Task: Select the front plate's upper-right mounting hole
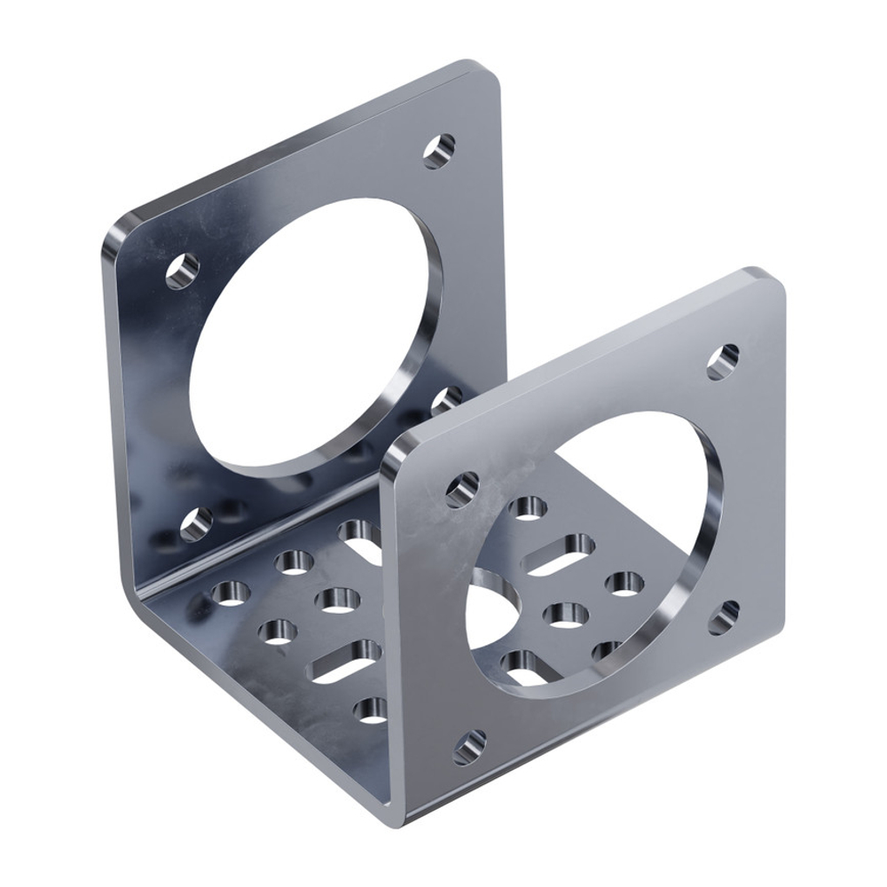pyautogui.click(x=723, y=361)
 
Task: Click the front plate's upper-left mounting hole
pyautogui.click(x=462, y=489)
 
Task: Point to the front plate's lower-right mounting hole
pyautogui.click(x=724, y=617)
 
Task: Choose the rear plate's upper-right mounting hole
pyautogui.click(x=438, y=151)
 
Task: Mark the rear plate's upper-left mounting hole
pyautogui.click(x=182, y=271)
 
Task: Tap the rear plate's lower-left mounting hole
pyautogui.click(x=196, y=523)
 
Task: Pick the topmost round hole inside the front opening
pyautogui.click(x=529, y=507)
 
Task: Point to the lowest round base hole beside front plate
pyautogui.click(x=371, y=709)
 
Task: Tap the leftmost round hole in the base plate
pyautogui.click(x=231, y=591)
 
